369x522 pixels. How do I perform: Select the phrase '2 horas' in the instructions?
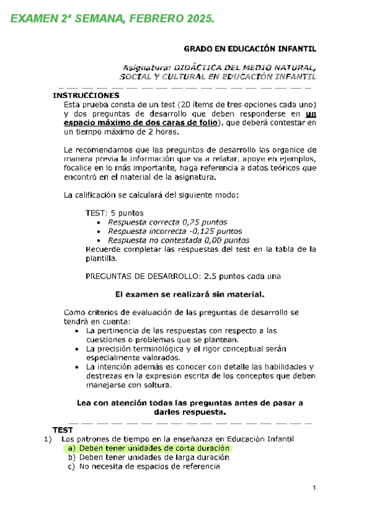click(x=164, y=131)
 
